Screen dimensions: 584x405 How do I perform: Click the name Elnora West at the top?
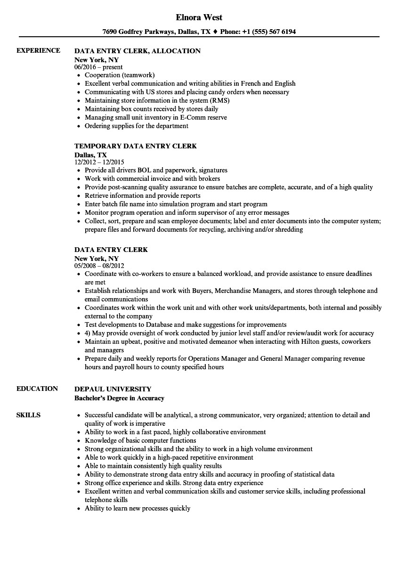tap(199, 17)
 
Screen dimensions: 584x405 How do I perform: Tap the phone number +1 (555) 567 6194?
tap(269, 32)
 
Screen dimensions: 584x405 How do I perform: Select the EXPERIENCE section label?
tap(38, 50)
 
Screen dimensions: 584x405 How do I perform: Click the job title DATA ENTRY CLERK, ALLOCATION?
tap(138, 51)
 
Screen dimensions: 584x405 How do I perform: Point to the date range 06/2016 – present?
tap(99, 67)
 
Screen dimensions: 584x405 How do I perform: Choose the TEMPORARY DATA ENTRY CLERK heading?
tap(136, 146)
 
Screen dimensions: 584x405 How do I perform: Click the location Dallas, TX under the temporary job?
tap(91, 154)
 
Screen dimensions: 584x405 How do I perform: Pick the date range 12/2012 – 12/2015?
tap(99, 162)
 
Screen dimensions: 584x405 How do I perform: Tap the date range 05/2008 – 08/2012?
tap(99, 266)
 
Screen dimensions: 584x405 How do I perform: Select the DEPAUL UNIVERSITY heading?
tap(113, 389)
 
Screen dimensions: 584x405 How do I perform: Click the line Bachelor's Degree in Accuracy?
tap(119, 398)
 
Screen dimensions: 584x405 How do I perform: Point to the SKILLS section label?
tap(28, 415)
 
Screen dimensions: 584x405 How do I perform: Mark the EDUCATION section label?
tap(37, 389)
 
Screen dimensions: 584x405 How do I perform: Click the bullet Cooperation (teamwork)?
tap(120, 75)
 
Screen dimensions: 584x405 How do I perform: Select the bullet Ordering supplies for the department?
tap(137, 126)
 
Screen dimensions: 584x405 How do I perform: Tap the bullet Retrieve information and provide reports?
tap(142, 195)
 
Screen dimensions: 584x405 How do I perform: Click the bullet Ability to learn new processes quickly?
tap(138, 508)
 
